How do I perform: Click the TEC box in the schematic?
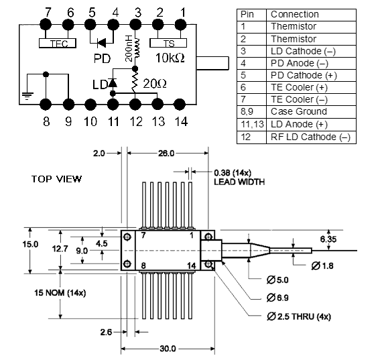click(x=58, y=43)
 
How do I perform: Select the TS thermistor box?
click(x=168, y=43)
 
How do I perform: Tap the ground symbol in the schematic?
click(x=27, y=96)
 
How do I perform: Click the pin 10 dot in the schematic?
click(x=90, y=105)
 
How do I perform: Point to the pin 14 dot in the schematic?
click(x=180, y=105)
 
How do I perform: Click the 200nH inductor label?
click(x=129, y=48)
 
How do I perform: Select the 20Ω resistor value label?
click(x=155, y=84)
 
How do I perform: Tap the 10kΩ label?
click(x=170, y=58)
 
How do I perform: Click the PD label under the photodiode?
click(x=102, y=58)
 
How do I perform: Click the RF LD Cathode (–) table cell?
click(x=311, y=137)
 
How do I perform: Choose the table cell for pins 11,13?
click(x=251, y=125)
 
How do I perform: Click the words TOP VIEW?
click(x=56, y=179)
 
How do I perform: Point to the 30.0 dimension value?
click(x=168, y=349)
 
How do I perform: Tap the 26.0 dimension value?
click(x=166, y=154)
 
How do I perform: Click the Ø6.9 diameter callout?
click(x=277, y=298)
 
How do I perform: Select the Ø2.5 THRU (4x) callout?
click(x=299, y=316)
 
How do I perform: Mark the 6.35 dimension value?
click(x=328, y=239)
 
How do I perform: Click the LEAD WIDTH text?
click(x=239, y=182)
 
